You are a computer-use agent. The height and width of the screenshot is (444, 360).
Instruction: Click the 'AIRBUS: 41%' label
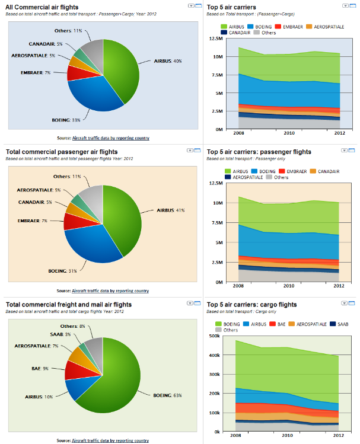(172, 210)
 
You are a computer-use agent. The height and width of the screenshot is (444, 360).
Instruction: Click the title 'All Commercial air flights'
(43, 7)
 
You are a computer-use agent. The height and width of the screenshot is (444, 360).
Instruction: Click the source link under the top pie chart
(110, 138)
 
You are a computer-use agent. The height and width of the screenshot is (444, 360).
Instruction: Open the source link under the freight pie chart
(110, 440)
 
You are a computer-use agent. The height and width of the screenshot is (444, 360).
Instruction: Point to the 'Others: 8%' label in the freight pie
(73, 326)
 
